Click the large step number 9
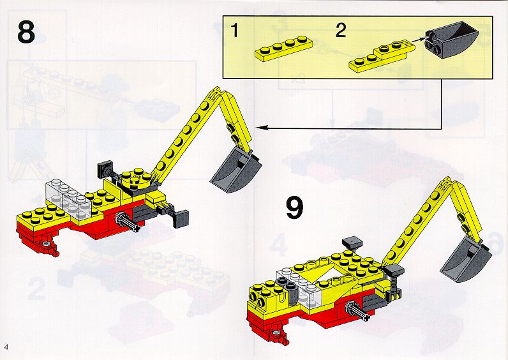(294, 209)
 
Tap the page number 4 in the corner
(6, 347)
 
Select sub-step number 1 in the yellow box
(235, 31)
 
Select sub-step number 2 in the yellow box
(341, 31)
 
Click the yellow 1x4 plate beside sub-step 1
(284, 49)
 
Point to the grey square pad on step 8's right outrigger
(181, 219)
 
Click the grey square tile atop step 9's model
(352, 242)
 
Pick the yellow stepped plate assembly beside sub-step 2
(382, 56)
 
